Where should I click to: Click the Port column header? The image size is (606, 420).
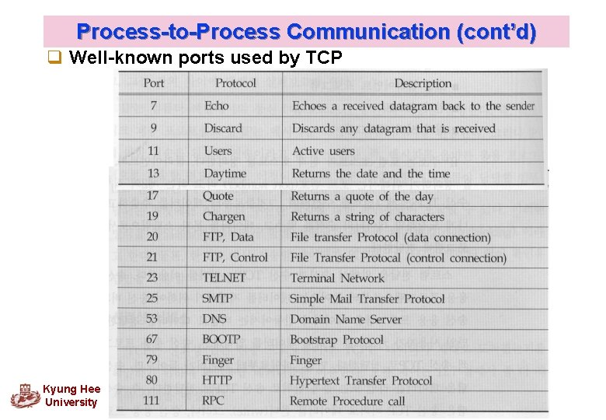[x=154, y=83]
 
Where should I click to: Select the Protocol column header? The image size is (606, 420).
[x=235, y=83]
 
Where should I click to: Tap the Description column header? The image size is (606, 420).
[x=423, y=83]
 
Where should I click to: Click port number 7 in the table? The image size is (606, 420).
[x=154, y=106]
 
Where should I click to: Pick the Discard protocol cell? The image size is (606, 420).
[x=223, y=128]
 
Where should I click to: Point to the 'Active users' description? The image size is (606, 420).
[x=323, y=151]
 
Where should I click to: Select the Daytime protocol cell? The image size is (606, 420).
[x=225, y=173]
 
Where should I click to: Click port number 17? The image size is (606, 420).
[x=152, y=196]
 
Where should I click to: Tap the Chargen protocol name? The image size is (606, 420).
[x=224, y=217]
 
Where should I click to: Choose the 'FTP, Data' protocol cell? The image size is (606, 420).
[x=228, y=237]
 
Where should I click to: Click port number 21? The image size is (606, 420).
[x=152, y=257]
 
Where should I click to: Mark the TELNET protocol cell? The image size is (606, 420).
[x=224, y=278]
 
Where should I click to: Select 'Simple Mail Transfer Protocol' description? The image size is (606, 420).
[x=367, y=299]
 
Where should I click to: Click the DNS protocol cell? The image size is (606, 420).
[x=214, y=319]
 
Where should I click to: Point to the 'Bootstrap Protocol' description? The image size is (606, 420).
[x=336, y=340]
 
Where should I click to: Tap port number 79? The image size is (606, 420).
[x=151, y=360]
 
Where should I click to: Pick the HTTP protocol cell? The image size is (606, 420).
[x=217, y=380]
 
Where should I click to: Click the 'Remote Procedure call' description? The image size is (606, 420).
[x=347, y=401]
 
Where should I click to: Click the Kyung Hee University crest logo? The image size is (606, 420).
[x=25, y=395]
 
